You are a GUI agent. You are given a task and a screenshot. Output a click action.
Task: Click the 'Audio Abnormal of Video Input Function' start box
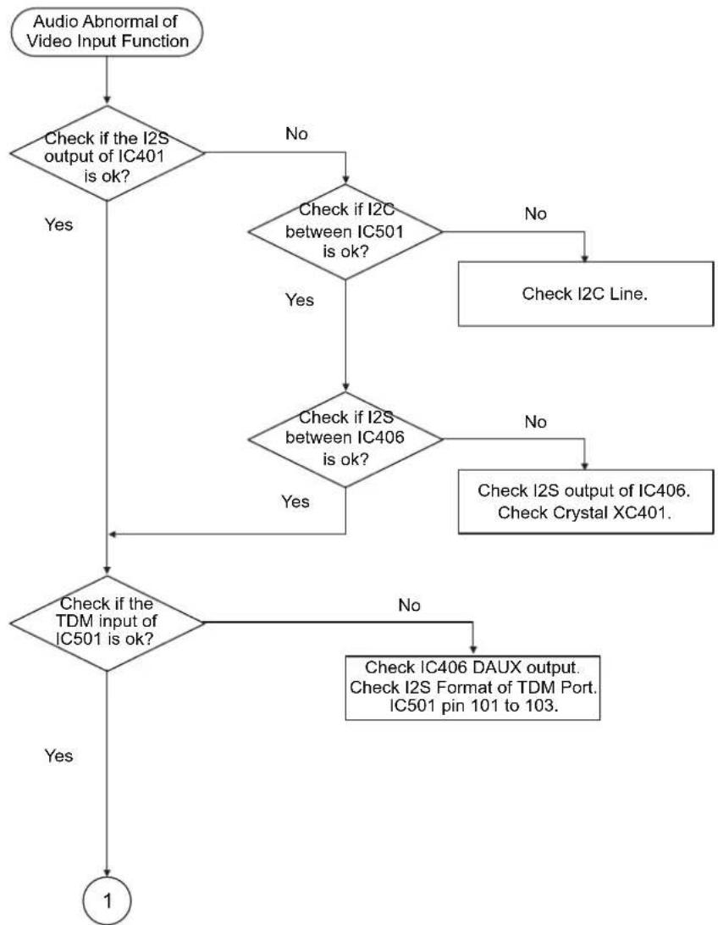(x=107, y=32)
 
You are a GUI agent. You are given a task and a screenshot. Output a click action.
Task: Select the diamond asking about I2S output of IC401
(x=107, y=154)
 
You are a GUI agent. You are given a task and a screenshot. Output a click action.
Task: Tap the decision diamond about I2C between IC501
(x=345, y=231)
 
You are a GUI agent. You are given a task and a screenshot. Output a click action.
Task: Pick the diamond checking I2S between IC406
(x=345, y=439)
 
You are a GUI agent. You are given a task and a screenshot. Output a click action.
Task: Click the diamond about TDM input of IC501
(x=107, y=623)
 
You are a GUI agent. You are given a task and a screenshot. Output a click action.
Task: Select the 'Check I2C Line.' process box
(x=585, y=294)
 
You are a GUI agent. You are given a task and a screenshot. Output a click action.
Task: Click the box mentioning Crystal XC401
(x=585, y=501)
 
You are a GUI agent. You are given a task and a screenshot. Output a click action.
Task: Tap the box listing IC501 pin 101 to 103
(x=472, y=688)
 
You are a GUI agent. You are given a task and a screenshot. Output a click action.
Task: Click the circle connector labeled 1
(x=107, y=900)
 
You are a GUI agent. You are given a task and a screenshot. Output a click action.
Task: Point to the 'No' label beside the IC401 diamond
(x=296, y=134)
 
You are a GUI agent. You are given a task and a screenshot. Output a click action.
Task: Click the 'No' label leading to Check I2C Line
(x=535, y=213)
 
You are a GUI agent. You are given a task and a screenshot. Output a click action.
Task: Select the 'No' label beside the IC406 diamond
(x=535, y=422)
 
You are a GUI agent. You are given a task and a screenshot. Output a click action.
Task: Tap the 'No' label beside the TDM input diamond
(x=409, y=606)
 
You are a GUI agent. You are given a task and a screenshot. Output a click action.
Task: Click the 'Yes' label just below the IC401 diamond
(x=59, y=224)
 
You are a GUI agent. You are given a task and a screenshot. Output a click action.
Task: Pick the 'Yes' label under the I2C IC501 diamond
(x=300, y=300)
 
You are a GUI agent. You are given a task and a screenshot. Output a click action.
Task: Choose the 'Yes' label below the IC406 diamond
(x=295, y=501)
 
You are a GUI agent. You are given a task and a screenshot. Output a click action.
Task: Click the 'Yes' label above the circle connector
(x=59, y=756)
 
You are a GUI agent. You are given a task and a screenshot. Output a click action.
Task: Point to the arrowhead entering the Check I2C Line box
(x=584, y=258)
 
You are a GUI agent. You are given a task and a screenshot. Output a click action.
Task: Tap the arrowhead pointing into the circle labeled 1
(x=107, y=872)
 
